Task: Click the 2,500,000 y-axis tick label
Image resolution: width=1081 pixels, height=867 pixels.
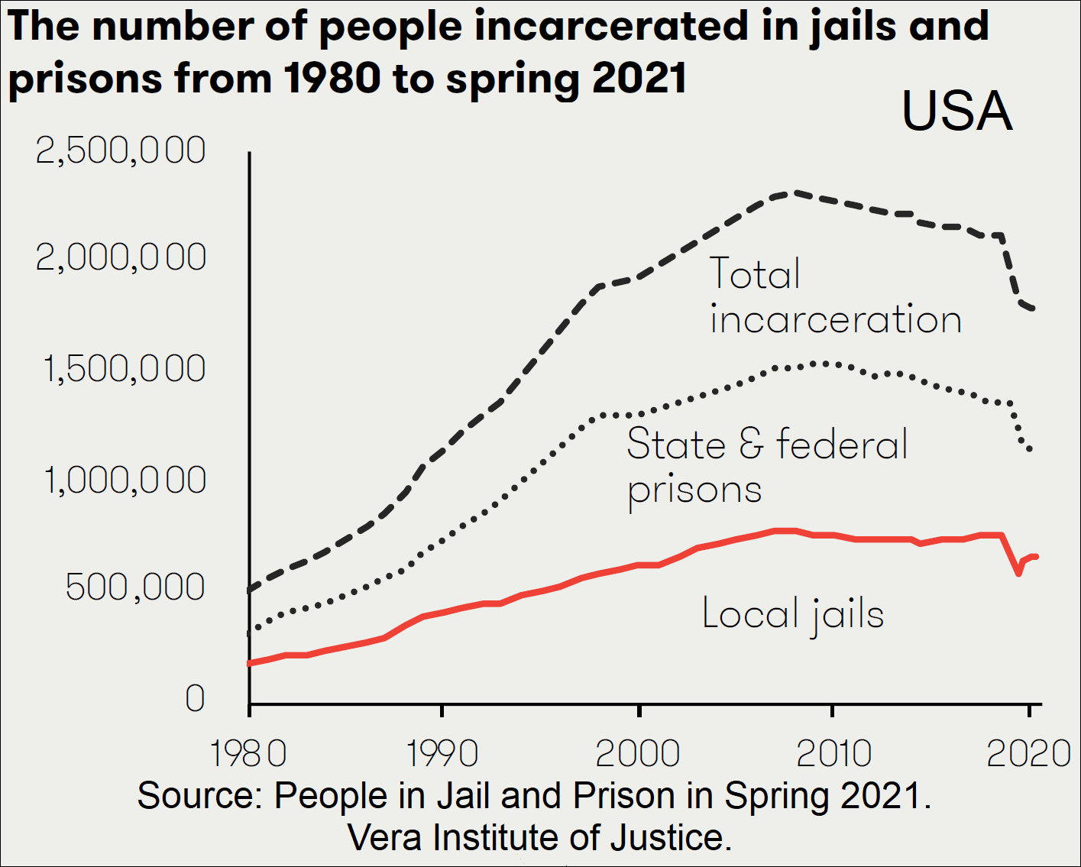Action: (121, 150)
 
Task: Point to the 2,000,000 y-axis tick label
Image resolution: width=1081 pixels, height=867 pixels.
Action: (121, 258)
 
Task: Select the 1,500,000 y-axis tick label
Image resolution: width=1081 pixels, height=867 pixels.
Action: (125, 369)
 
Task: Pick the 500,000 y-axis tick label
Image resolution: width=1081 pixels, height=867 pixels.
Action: (135, 587)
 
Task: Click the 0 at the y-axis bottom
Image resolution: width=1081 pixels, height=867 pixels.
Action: (195, 698)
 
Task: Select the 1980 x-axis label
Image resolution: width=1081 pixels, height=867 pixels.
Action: (248, 753)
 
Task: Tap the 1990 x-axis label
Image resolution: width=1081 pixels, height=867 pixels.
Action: (442, 753)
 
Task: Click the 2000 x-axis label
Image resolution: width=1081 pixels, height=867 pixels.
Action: (638, 753)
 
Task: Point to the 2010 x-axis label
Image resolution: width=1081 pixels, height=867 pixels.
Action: (833, 753)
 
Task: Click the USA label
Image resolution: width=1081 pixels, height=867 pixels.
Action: (956, 112)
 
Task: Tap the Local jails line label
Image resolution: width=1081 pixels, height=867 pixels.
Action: (793, 614)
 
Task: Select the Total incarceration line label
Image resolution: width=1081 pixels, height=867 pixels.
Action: (835, 296)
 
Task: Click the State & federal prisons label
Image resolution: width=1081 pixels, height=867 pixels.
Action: (767, 466)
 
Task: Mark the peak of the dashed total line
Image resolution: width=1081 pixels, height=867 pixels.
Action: (795, 192)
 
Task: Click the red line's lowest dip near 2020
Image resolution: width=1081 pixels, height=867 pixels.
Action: (1018, 573)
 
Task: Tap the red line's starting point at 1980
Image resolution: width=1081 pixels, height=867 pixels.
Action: (250, 663)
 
